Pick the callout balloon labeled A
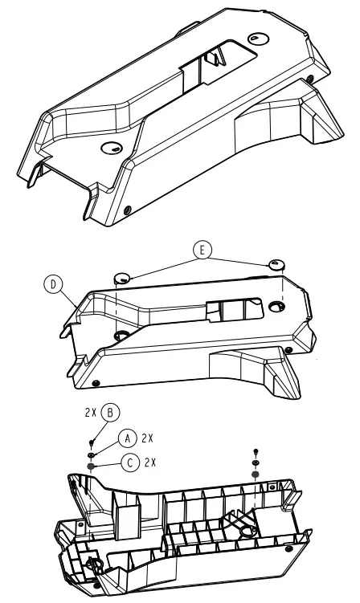coord(127,438)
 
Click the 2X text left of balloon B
coord(90,414)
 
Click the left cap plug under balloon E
coord(123,278)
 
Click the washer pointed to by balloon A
coord(93,454)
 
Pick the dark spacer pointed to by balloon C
coord(93,466)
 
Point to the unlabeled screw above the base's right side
coord(256,452)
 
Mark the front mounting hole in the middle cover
coord(122,334)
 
